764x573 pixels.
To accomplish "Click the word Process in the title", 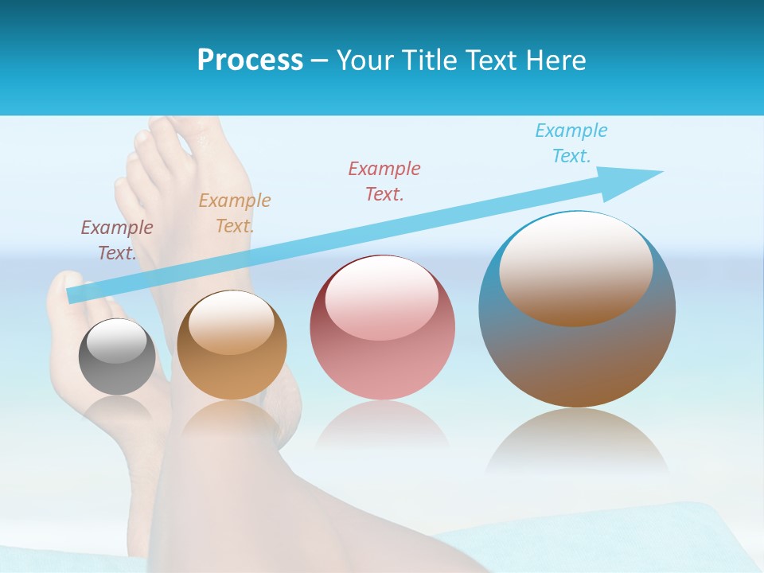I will pyautogui.click(x=250, y=60).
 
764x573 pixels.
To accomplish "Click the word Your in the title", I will pyautogui.click(x=367, y=60).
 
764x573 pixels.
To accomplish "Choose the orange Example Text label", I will pyautogui.click(x=235, y=213).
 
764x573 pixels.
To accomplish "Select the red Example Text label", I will pyautogui.click(x=384, y=181).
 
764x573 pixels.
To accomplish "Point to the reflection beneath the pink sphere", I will pyautogui.click(x=382, y=426).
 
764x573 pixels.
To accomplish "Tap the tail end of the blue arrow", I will pyautogui.click(x=73, y=296).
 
